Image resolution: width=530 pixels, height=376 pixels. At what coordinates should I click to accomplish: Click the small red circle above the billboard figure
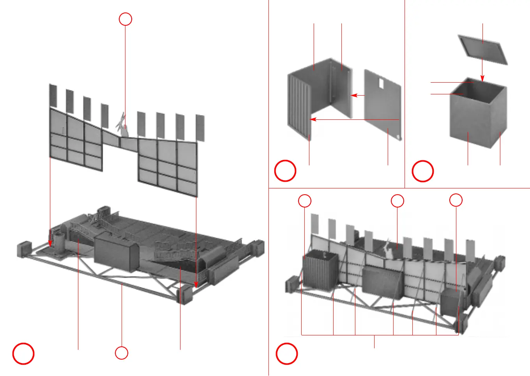point(125,19)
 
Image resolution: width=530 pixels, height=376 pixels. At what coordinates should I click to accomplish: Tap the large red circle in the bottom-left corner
point(23,354)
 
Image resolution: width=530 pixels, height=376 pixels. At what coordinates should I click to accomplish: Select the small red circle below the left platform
point(122,353)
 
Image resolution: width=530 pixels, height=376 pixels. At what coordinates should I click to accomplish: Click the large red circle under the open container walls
point(285,171)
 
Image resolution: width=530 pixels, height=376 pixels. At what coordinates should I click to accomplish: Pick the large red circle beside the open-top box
point(423,171)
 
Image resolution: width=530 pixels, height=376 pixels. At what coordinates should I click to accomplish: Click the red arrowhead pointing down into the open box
point(482,78)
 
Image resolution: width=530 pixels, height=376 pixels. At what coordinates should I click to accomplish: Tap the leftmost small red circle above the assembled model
point(305,201)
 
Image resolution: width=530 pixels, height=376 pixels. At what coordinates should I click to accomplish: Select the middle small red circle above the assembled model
point(397,201)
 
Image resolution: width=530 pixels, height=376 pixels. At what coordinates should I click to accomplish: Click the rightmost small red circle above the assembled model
point(456,200)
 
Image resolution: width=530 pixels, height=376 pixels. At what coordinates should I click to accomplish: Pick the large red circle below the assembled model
point(287,354)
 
